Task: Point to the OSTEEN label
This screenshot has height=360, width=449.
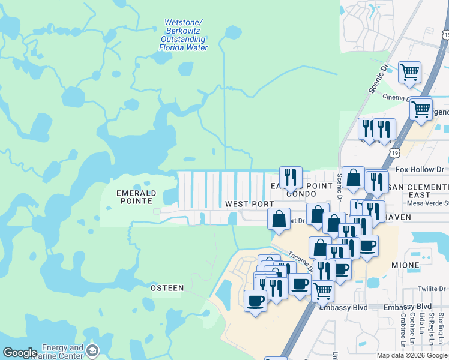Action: coord(167,288)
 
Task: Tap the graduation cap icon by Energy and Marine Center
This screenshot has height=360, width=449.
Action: coord(92,350)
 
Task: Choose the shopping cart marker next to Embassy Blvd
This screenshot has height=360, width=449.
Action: coord(323,292)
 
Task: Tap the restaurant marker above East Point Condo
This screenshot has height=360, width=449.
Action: coord(291,177)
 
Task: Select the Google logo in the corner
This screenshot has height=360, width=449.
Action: coord(20,353)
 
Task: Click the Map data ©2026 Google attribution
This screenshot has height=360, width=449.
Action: coord(412,355)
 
